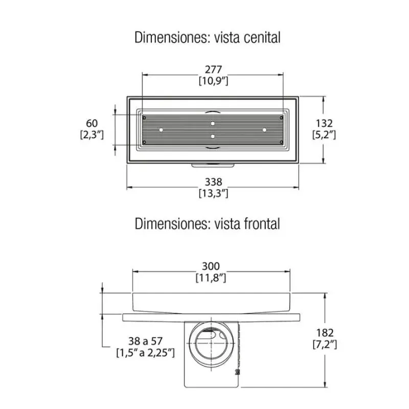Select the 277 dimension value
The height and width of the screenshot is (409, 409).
click(213, 70)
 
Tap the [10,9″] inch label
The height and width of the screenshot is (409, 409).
click(213, 81)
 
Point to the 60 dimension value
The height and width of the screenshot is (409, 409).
click(92, 123)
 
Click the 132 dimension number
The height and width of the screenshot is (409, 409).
click(324, 123)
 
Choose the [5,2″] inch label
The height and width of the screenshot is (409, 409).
click(324, 135)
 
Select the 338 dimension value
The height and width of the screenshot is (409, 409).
click(213, 182)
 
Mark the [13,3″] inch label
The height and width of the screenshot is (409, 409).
click(213, 193)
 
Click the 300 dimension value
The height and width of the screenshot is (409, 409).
click(211, 266)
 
